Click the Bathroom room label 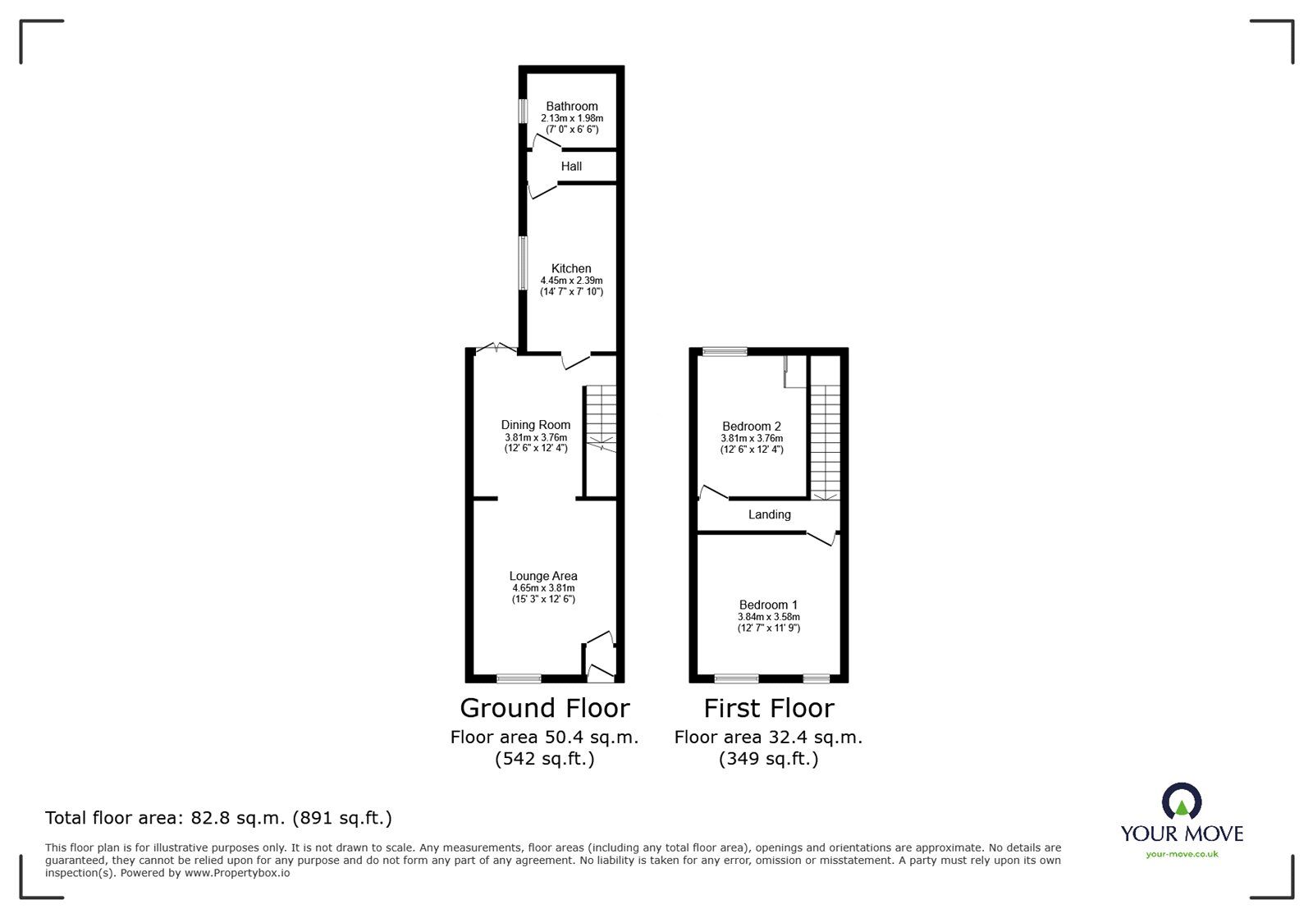pos(572,106)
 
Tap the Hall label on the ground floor pos(571,167)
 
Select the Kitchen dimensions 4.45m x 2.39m pos(571,281)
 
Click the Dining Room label pos(536,425)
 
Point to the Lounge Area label pos(543,576)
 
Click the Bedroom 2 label pos(752,427)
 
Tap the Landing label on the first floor pos(769,514)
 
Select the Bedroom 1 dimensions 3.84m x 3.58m pos(768,617)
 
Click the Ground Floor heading pos(544,708)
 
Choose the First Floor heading pos(768,708)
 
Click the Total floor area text pos(218,818)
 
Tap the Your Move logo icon pos(1182,801)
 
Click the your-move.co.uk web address pos(1182,855)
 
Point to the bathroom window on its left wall pos(522,112)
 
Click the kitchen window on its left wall pos(522,263)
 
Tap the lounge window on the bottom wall pos(519,678)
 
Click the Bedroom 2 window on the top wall pos(725,352)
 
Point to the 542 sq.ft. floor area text pos(544,760)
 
